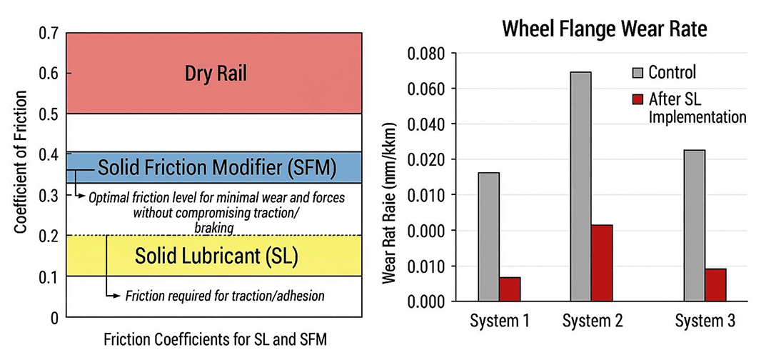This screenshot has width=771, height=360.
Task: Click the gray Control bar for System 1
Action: (489, 236)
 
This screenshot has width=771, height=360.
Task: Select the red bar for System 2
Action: (601, 262)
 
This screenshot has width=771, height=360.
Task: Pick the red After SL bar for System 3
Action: (715, 284)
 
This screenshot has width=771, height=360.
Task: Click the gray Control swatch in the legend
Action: (637, 72)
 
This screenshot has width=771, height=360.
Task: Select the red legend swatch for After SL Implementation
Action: (637, 98)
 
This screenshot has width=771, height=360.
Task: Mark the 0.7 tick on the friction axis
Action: (48, 33)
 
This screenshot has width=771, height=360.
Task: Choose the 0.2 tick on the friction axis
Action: (48, 236)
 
